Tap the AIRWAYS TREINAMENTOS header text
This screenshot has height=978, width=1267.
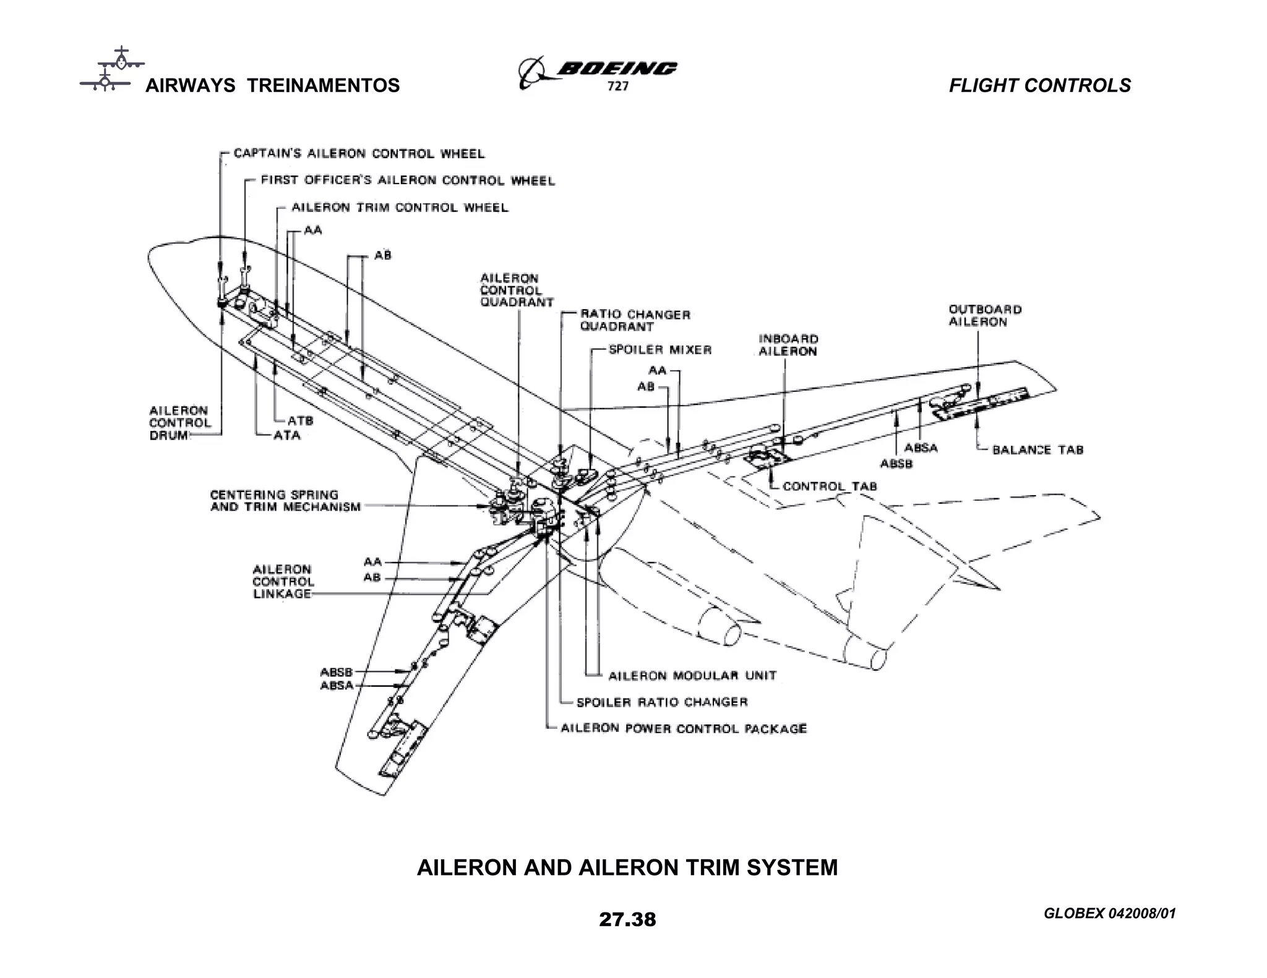[272, 85]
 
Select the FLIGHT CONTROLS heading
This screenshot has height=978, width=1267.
[1040, 85]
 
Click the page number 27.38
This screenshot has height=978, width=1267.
[627, 919]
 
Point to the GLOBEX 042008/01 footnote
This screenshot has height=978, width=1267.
[1109, 914]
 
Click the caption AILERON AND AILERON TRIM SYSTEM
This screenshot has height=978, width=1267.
[627, 867]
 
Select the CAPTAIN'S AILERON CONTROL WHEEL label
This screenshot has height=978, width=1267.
[359, 153]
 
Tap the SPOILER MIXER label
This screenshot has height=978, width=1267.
[660, 350]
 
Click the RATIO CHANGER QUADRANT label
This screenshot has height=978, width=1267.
[635, 320]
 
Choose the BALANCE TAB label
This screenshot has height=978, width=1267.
[1037, 450]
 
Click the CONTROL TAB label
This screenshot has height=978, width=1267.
[830, 487]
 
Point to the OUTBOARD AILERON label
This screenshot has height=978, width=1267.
[985, 315]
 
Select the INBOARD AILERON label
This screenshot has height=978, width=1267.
[788, 345]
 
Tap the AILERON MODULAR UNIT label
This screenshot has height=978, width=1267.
[692, 676]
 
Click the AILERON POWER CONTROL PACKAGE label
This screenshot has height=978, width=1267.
[683, 728]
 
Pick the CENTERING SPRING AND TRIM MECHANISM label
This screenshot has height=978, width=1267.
[285, 501]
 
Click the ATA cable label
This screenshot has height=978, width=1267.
[287, 435]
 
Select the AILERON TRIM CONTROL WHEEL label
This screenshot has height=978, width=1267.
[400, 208]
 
